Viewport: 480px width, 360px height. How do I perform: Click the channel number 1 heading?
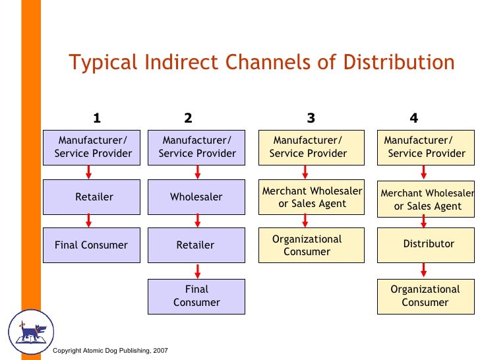pos(96,119)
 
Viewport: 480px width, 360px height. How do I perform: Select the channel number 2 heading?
pos(188,119)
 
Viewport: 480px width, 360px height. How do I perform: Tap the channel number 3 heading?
pos(311,119)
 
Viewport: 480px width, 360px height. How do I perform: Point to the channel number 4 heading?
pos(413,119)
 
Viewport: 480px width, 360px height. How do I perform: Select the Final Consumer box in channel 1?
pos(92,245)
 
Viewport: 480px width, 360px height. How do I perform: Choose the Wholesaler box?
pos(196,196)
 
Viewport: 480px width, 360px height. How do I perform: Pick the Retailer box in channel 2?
pos(196,245)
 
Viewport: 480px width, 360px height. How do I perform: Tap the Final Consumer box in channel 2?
pos(196,295)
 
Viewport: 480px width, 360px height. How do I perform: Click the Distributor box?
pos(426,245)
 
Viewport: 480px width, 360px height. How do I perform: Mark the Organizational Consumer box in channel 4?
pos(426,295)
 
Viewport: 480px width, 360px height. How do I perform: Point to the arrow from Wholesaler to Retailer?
pos(197,221)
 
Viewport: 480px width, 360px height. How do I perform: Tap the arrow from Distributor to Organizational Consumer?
pos(423,269)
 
